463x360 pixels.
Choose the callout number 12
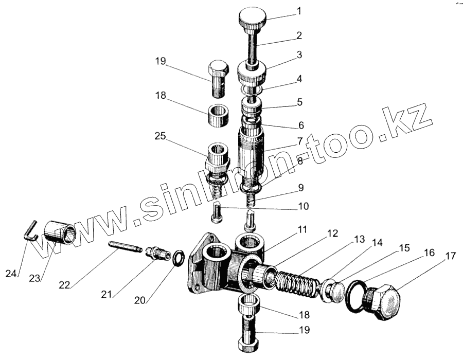tap(332, 234)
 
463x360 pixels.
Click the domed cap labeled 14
tap(332, 291)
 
